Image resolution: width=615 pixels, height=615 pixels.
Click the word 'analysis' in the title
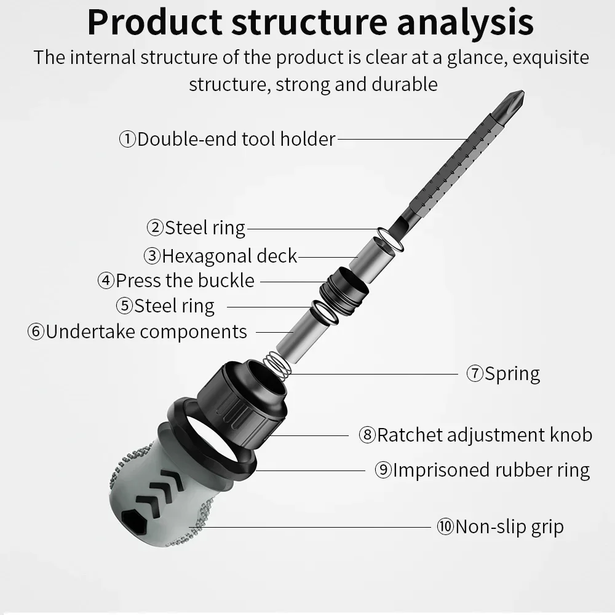pos(466,22)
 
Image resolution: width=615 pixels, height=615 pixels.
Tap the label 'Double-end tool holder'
pos(236,139)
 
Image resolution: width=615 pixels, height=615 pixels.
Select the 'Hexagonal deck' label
pos(229,255)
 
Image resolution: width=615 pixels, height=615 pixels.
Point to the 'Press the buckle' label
pos(184,280)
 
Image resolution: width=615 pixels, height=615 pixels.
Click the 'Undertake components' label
pos(146,331)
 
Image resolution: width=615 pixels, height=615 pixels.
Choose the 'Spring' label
pos(512,373)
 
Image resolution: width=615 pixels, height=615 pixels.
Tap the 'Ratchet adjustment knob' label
pos(484,435)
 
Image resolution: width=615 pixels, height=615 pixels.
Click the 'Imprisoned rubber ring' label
pos(491,470)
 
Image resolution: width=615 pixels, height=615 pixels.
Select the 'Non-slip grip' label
pos(509,526)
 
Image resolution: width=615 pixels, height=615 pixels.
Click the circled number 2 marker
pos(155,228)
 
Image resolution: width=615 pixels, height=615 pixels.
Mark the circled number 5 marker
pos(124,306)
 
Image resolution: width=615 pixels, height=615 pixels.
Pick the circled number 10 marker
pos(445,526)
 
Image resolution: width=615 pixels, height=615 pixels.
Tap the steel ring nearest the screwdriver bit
pos(389,239)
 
